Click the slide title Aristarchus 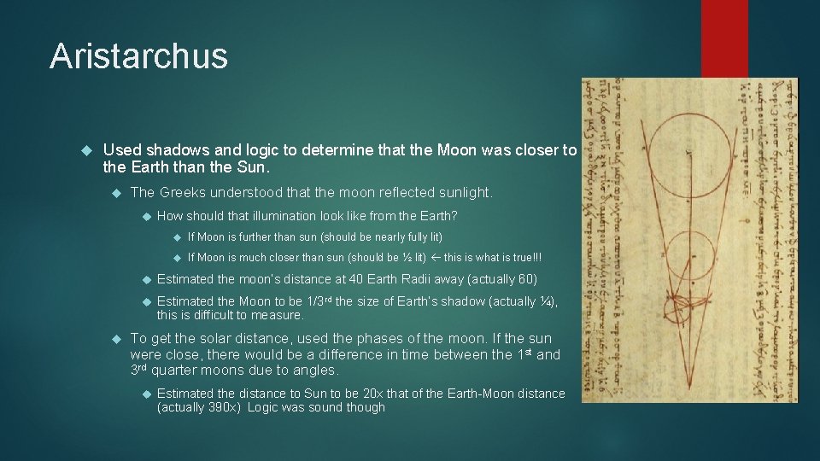(x=138, y=56)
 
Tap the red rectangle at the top (x=723, y=38)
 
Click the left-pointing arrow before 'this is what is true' (x=436, y=258)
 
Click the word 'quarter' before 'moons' (x=175, y=371)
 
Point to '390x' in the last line (x=222, y=408)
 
